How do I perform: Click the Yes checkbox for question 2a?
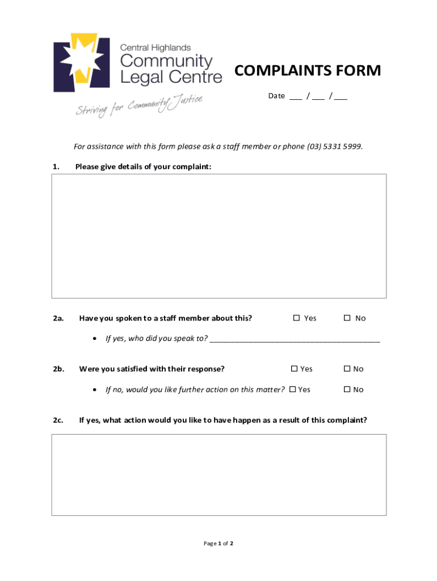pos(296,318)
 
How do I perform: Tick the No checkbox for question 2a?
pos(347,318)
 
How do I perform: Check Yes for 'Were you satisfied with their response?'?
pos(294,369)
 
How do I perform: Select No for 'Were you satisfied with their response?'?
pos(347,369)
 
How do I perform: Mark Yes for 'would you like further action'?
pos(293,389)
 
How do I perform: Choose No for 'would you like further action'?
pos(347,389)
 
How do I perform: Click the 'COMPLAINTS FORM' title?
pos(308,71)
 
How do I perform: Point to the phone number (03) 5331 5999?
pos(334,146)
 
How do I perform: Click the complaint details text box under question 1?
pos(218,235)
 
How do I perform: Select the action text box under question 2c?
pos(218,474)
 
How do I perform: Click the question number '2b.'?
pos(58,369)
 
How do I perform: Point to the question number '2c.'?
pos(58,420)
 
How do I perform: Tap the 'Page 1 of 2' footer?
pos(218,544)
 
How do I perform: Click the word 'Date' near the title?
pos(276,96)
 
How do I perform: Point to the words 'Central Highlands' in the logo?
pos(155,48)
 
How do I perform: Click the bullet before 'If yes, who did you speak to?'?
pos(95,339)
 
